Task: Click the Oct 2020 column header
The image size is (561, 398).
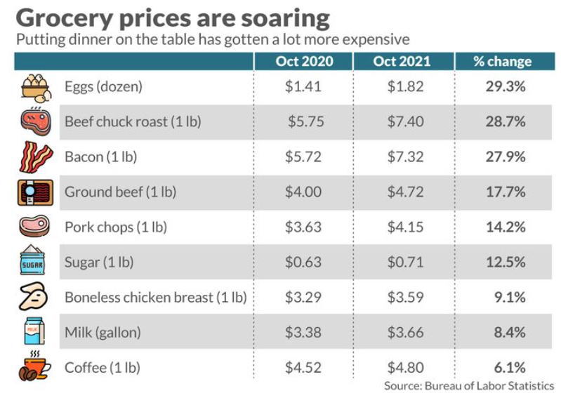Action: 304,61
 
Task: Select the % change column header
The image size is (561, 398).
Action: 502,61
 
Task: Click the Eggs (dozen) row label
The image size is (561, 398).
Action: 103,86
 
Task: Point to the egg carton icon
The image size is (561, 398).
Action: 34,86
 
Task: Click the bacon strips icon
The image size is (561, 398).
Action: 34,157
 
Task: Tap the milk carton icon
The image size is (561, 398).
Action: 33,332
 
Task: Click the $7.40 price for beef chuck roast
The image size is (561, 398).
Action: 405,121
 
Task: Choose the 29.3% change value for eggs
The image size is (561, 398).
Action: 506,86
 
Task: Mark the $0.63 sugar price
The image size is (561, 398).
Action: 303,263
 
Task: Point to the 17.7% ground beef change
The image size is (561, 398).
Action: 506,192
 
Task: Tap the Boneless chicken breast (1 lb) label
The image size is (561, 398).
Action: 155,298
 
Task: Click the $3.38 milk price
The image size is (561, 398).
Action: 303,332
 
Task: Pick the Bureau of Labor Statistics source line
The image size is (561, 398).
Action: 468,386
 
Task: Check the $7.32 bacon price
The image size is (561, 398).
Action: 405,157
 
